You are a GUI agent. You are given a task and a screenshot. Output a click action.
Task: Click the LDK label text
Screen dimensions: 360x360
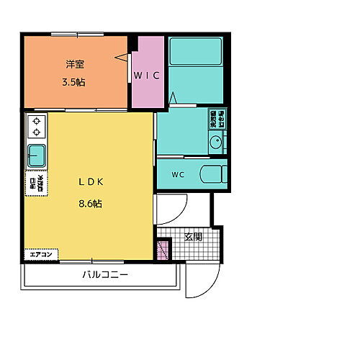tap(90, 182)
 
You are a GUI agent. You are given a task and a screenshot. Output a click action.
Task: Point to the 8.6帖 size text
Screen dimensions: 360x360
tap(90, 204)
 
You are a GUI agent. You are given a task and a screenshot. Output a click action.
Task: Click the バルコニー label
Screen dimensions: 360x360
tap(104, 275)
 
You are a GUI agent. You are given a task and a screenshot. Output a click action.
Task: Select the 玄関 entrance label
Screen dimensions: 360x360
tap(193, 237)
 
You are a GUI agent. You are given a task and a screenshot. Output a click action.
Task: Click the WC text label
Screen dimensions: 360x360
tap(177, 175)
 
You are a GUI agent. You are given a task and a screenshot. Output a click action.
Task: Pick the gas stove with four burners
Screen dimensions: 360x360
tap(36, 127)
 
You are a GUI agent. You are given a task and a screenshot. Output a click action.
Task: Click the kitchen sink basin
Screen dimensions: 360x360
tap(36, 154)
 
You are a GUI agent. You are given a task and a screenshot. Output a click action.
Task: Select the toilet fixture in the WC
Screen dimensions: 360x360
tap(212, 174)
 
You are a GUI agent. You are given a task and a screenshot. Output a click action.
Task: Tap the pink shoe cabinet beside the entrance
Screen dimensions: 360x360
tap(163, 251)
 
